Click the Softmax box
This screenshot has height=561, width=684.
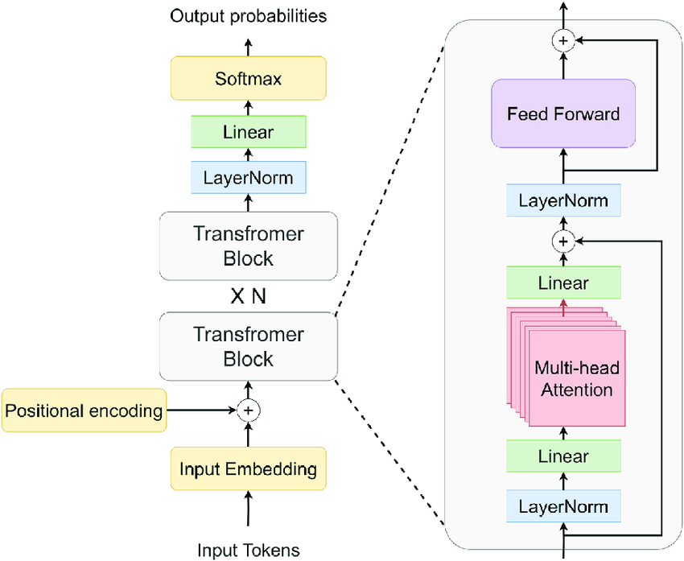pos(248,78)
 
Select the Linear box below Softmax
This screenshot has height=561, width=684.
pos(249,132)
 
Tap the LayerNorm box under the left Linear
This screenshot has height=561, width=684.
pos(249,178)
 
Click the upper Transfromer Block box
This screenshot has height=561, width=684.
pos(249,246)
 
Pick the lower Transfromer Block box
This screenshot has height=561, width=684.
pos(249,346)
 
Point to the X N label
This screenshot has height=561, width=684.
pos(248,297)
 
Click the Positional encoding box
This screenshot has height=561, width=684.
pos(84,410)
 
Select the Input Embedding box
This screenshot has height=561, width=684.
pos(248,468)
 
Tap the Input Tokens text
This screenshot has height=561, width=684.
pos(249,550)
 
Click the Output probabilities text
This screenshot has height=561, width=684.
pos(248,16)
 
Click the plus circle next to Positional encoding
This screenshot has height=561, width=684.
pos(248,410)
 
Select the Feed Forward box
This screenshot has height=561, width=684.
pos(563,113)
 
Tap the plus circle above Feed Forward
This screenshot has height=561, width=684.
pos(563,40)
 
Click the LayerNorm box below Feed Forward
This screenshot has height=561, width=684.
pos(563,200)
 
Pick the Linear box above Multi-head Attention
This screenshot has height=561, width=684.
pos(563,283)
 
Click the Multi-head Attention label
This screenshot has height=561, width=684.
pos(577,378)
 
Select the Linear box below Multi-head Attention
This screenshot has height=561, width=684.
pos(563,456)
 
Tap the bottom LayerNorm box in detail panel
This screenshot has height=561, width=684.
pos(563,506)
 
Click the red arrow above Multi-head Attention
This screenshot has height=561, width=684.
pos(563,308)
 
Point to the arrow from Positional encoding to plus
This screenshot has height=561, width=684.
pos(201,410)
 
